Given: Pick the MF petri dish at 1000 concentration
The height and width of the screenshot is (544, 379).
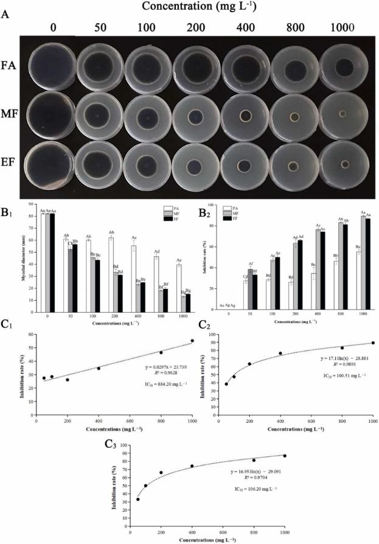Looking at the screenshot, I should pyautogui.click(x=342, y=114).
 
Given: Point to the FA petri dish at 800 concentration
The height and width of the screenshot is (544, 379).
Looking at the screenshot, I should pyautogui.click(x=294, y=69).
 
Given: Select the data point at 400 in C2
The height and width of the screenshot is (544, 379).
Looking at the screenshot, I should pyautogui.click(x=280, y=353).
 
